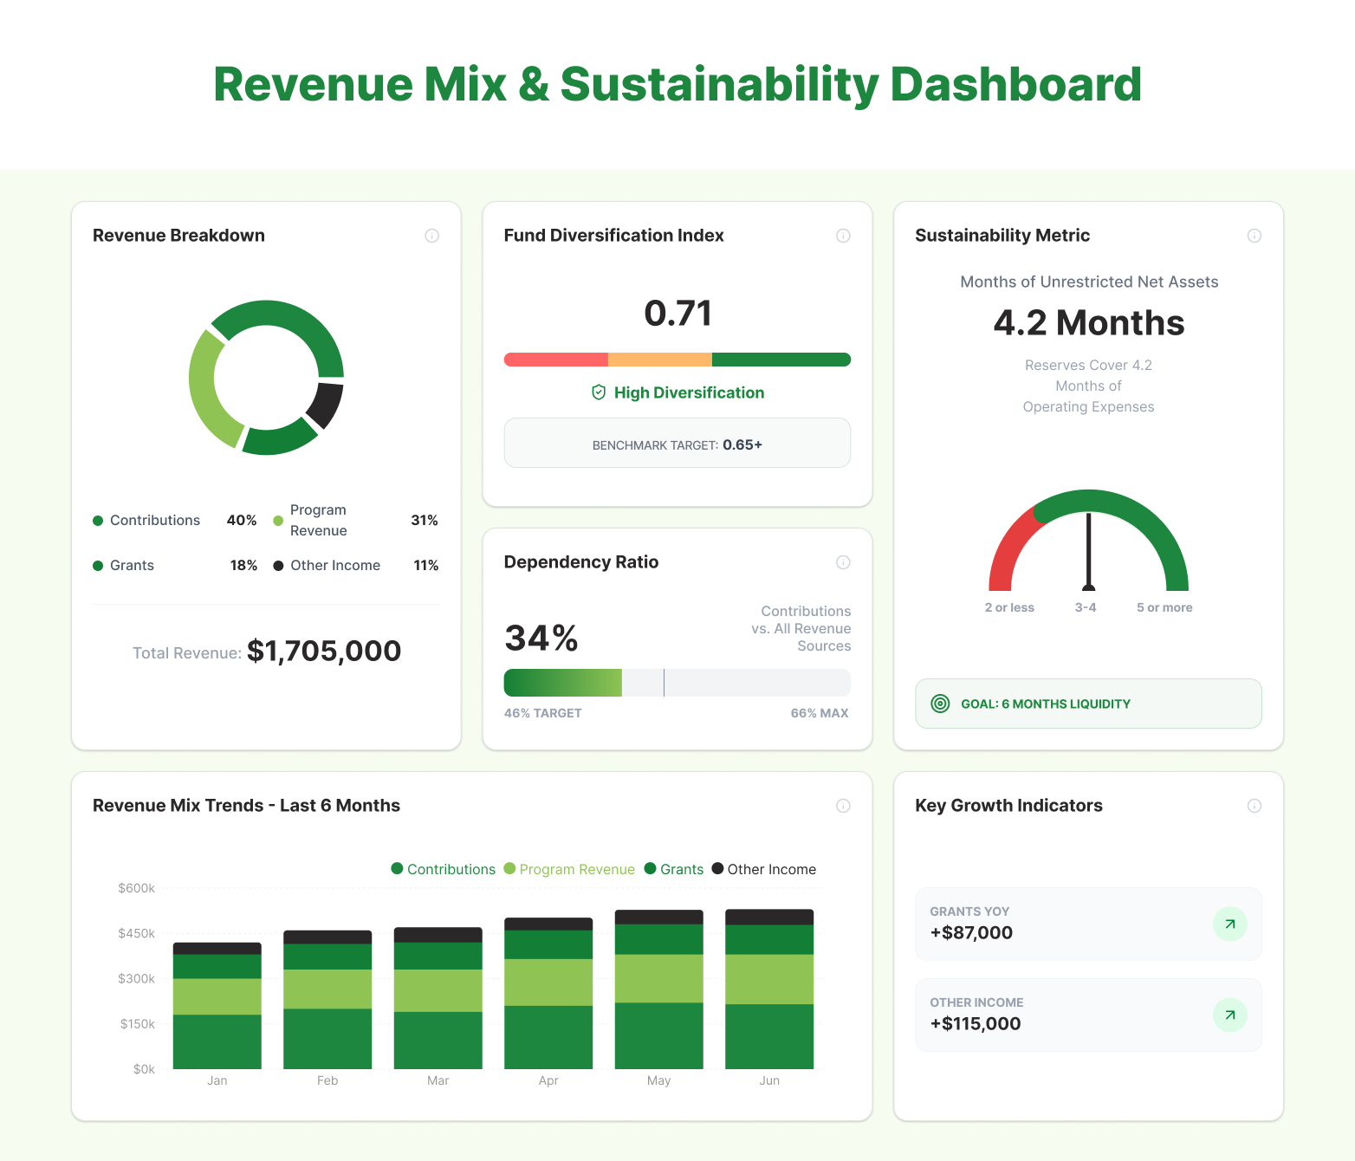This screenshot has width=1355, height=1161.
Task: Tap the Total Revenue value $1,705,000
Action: (x=324, y=651)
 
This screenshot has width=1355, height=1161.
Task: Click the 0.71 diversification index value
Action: (x=677, y=313)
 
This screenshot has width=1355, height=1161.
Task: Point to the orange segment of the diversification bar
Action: (x=659, y=360)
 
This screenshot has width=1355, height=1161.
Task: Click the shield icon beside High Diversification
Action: (x=599, y=392)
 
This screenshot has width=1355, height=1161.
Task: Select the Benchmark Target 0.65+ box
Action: (x=677, y=444)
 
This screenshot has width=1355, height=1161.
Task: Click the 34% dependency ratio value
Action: (x=541, y=639)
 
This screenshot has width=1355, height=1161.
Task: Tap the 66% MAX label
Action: (x=819, y=713)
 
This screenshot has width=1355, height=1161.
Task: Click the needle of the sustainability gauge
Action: (x=1089, y=550)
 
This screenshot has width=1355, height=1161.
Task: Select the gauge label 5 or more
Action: (x=1164, y=607)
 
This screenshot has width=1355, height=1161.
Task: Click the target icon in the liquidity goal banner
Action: (x=940, y=704)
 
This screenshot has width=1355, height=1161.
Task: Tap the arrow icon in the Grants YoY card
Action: (x=1229, y=924)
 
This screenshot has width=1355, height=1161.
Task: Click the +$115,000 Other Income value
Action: (x=976, y=1023)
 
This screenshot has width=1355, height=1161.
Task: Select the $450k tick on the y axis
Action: (x=137, y=933)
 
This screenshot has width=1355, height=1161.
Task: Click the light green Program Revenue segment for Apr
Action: (x=548, y=982)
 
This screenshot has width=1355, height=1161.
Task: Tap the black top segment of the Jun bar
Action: (x=769, y=917)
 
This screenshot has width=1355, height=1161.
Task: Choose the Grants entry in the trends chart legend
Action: (x=674, y=869)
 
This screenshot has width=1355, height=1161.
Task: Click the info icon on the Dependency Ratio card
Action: (x=843, y=562)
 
